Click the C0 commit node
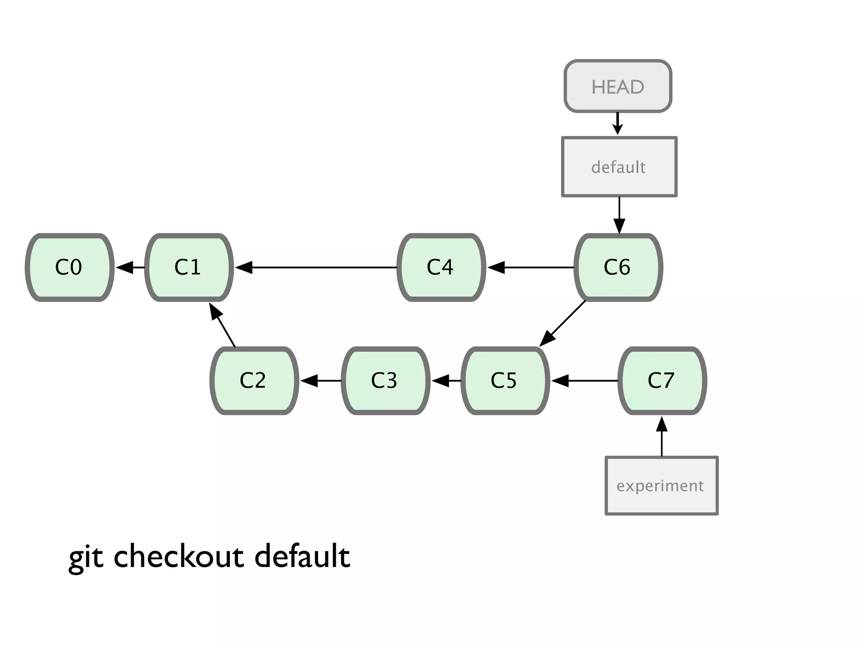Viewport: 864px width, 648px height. coord(70,267)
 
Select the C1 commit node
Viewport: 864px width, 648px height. coord(189,267)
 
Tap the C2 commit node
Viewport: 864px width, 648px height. coord(254,381)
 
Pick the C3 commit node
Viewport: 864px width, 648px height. coord(385,381)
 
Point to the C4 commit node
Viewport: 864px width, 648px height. coord(441,267)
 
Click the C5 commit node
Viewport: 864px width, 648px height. coord(505,381)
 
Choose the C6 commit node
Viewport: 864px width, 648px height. coord(618,267)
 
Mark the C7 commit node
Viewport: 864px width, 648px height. coord(662,381)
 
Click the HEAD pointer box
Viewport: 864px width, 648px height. coord(618,86)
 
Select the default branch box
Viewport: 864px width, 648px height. coord(619,167)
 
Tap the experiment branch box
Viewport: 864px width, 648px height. coord(661,486)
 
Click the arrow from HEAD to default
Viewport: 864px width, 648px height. coord(618,123)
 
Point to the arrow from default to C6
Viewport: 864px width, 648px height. coord(619,214)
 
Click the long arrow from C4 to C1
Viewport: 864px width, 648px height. coord(321,267)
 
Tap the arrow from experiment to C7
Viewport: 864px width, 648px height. coord(662,437)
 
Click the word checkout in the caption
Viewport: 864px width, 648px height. coord(179,556)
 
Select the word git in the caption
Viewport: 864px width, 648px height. coord(86,558)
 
